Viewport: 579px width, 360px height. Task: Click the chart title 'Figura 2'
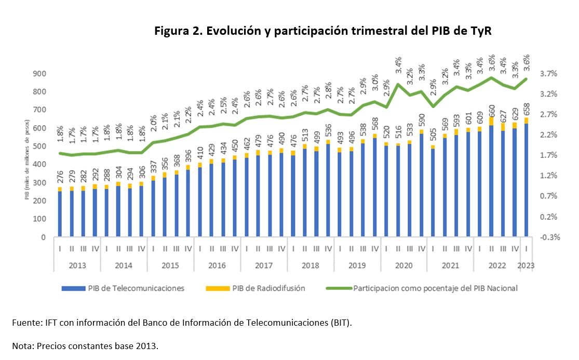coord(322,31)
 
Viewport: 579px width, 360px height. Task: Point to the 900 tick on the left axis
coord(39,74)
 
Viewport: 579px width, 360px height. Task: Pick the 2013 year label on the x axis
coord(77,265)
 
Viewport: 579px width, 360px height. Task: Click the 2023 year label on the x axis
coord(526,265)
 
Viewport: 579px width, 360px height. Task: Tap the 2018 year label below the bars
coord(311,265)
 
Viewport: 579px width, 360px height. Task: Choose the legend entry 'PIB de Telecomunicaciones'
coord(123,288)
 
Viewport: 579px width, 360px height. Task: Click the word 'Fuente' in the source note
coord(24,323)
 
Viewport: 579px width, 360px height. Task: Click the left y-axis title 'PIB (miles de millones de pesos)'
coord(26,155)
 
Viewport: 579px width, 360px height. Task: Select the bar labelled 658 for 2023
coord(527,177)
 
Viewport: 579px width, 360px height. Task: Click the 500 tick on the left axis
coord(39,146)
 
